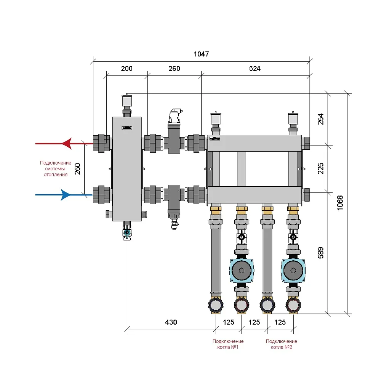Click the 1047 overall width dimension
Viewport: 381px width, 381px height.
pyautogui.click(x=201, y=54)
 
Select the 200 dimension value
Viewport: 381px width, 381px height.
pyautogui.click(x=126, y=69)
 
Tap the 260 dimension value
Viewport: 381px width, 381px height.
pyautogui.click(x=174, y=69)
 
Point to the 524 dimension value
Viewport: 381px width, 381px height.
pyautogui.click(x=255, y=69)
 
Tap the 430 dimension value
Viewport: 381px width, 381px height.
pyautogui.click(x=171, y=322)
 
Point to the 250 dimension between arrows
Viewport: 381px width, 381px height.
pyautogui.click(x=78, y=169)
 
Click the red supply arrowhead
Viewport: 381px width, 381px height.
pyautogui.click(x=66, y=144)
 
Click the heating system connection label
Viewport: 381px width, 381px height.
pyautogui.click(x=56, y=168)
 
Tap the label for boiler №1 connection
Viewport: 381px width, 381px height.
pyautogui.click(x=228, y=344)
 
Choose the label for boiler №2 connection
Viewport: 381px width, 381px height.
pyautogui.click(x=281, y=344)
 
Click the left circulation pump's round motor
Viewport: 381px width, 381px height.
pyautogui.click(x=241, y=271)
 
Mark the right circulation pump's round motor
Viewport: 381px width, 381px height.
pyautogui.click(x=293, y=271)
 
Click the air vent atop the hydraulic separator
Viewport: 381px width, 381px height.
pyautogui.click(x=126, y=101)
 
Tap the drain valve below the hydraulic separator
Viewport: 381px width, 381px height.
pyautogui.click(x=126, y=232)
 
